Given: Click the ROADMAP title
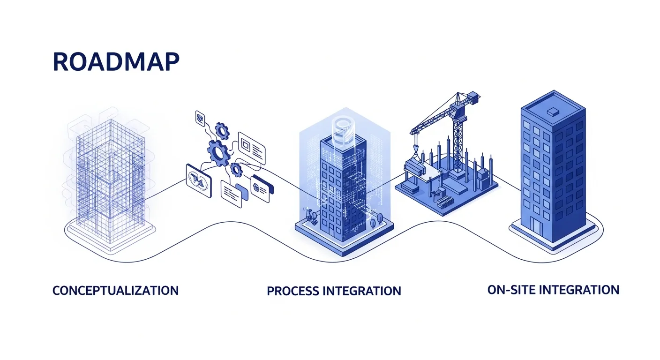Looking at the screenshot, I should (x=116, y=62).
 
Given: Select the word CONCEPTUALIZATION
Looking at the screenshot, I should (x=115, y=290).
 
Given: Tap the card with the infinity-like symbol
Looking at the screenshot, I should (x=198, y=178).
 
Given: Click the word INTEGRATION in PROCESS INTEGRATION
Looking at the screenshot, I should (x=361, y=291).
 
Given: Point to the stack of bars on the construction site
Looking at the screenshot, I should (x=445, y=202).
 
